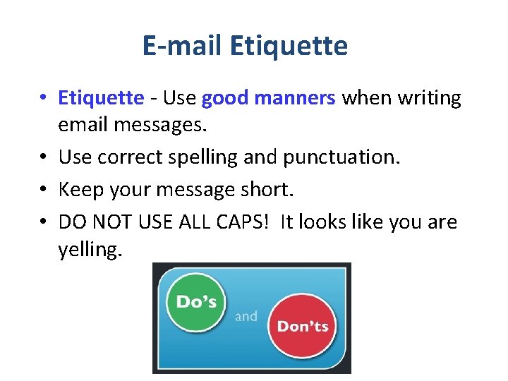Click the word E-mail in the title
(x=183, y=46)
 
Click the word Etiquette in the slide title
(x=289, y=46)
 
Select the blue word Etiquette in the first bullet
(x=101, y=97)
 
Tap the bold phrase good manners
(x=268, y=97)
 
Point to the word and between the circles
(x=246, y=317)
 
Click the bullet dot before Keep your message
(x=44, y=189)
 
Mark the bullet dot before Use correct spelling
(x=44, y=157)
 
